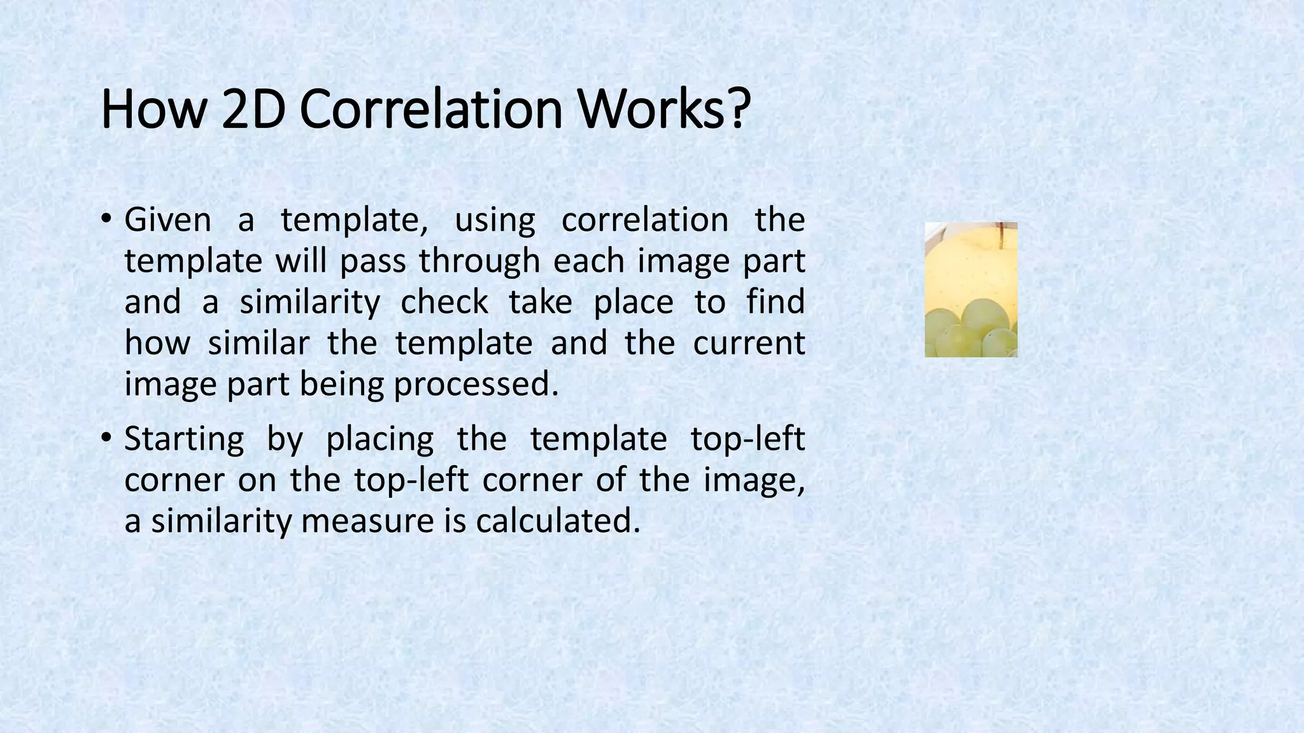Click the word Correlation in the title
(x=431, y=109)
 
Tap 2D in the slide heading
(x=253, y=109)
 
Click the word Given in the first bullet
(x=167, y=220)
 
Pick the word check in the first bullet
(x=444, y=302)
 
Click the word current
(x=749, y=344)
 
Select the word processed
(x=476, y=385)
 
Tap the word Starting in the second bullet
(x=184, y=440)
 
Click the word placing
(x=379, y=440)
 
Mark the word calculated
(x=557, y=522)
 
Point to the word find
(x=776, y=302)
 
